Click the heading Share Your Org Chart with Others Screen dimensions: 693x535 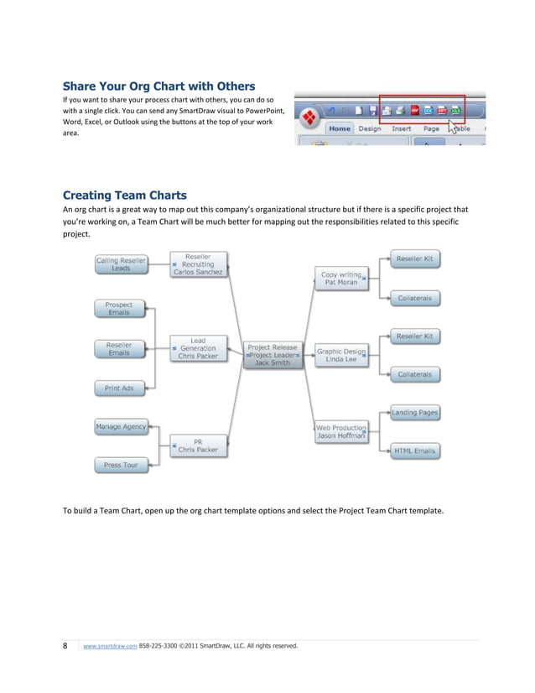click(x=159, y=86)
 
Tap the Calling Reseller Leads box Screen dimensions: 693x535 click(x=121, y=264)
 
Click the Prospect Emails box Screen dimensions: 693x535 click(x=119, y=309)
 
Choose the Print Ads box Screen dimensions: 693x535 click(x=119, y=388)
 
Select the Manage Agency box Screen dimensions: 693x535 click(x=121, y=426)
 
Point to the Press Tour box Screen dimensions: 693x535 click(x=121, y=464)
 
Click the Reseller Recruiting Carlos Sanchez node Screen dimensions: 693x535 click(x=198, y=264)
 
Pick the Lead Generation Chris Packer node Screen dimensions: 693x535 click(x=198, y=348)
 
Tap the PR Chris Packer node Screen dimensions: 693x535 click(x=198, y=445)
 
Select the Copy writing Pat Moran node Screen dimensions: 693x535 click(x=340, y=278)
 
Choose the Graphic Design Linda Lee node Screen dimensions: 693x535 click(x=340, y=356)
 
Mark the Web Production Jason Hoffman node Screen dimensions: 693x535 click(x=340, y=431)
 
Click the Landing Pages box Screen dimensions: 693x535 click(x=415, y=413)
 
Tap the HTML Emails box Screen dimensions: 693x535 click(x=415, y=451)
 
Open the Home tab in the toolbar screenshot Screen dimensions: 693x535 click(x=340, y=129)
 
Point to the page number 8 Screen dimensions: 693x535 click(x=66, y=646)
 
